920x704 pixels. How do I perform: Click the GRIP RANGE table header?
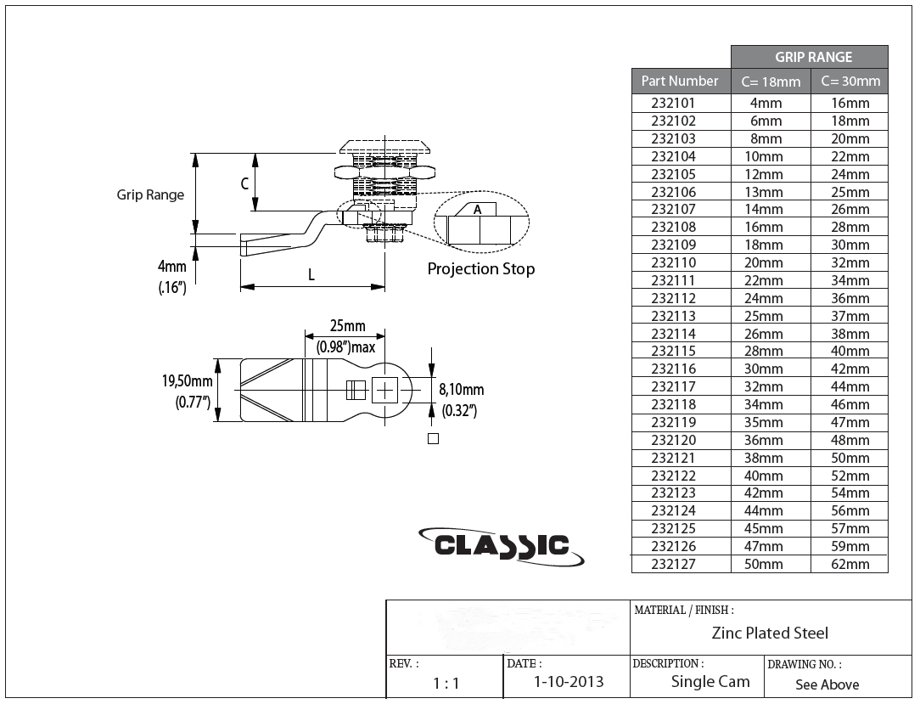(812, 57)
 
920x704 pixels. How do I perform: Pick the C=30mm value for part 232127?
(850, 564)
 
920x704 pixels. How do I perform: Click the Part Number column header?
(680, 81)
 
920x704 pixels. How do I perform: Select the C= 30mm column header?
(850, 82)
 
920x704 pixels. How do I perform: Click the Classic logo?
(502, 544)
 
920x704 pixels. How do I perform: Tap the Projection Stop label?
(480, 269)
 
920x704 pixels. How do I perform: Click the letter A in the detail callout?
(477, 209)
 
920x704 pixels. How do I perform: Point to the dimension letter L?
(311, 275)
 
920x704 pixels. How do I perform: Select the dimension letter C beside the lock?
(244, 183)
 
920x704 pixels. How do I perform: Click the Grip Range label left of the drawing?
(150, 194)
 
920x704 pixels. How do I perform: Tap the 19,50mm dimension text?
(187, 381)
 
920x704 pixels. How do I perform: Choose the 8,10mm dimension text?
(461, 390)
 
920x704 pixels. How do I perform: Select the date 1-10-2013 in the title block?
(569, 682)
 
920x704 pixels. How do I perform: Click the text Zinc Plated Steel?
(770, 633)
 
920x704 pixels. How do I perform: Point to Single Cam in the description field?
(710, 682)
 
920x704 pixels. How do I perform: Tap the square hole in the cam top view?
(384, 390)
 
